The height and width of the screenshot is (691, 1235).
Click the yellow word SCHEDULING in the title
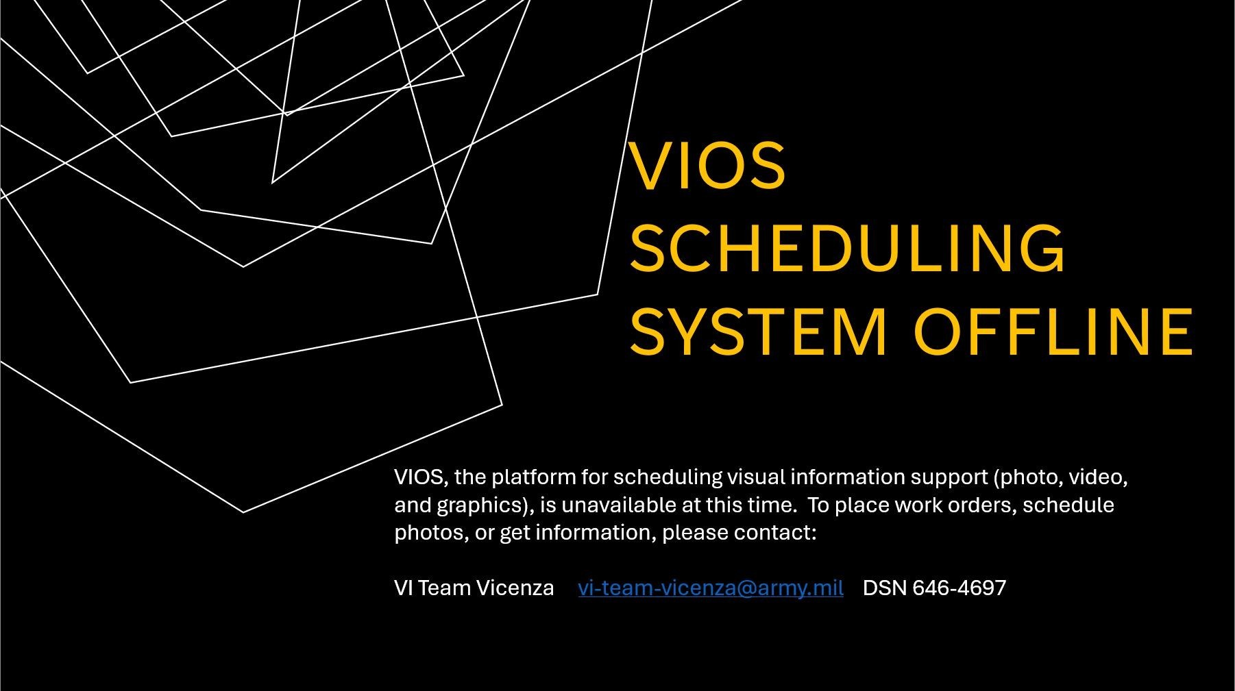(847, 247)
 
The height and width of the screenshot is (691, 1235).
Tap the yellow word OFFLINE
(1053, 331)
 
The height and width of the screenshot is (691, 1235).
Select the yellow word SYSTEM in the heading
(758, 331)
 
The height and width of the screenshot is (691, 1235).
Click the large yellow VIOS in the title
(707, 165)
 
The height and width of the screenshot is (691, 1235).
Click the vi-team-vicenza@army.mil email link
(711, 588)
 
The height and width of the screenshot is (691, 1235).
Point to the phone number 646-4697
(959, 588)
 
